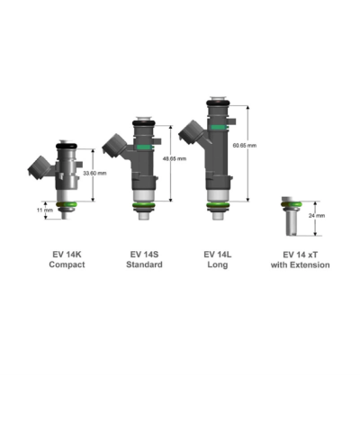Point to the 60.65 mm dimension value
pyautogui.click(x=245, y=145)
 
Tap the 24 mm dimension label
pyautogui.click(x=317, y=216)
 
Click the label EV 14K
pyautogui.click(x=68, y=254)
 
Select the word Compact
pyautogui.click(x=68, y=265)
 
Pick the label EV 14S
pyautogui.click(x=146, y=254)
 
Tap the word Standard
pyautogui.click(x=146, y=265)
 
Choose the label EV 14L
pyautogui.click(x=220, y=254)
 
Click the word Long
pyautogui.click(x=220, y=265)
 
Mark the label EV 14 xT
pyautogui.click(x=301, y=254)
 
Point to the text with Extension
pyautogui.click(x=301, y=265)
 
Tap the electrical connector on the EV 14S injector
pyautogui.click(x=116, y=143)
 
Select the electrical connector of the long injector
pyautogui.click(x=191, y=131)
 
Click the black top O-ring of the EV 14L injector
pyautogui.click(x=219, y=102)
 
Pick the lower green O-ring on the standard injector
pyautogui.click(x=144, y=208)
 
